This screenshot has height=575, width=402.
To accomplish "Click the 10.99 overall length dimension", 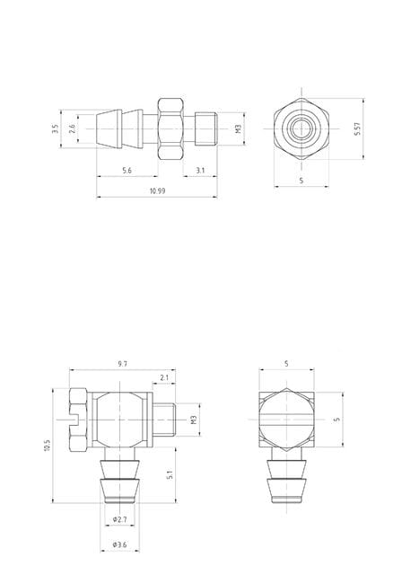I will (157, 191).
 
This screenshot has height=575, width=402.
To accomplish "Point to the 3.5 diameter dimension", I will (56, 129).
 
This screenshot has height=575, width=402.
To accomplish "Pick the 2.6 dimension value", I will (72, 129).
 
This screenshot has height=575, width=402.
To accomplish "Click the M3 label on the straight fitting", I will (239, 128).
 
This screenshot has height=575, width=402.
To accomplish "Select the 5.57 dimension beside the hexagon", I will (357, 129).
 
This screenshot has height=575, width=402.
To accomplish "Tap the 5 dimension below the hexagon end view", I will (301, 181).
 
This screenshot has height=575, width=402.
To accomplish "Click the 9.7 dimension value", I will (123, 364).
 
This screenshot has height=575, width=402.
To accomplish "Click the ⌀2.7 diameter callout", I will (120, 521).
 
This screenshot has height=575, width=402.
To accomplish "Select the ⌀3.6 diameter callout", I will (120, 544).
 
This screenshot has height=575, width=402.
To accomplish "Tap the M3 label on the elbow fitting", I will (194, 420).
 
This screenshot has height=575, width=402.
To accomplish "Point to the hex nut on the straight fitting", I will (170, 129).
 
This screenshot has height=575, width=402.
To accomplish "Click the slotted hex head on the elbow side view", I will (75, 420).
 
